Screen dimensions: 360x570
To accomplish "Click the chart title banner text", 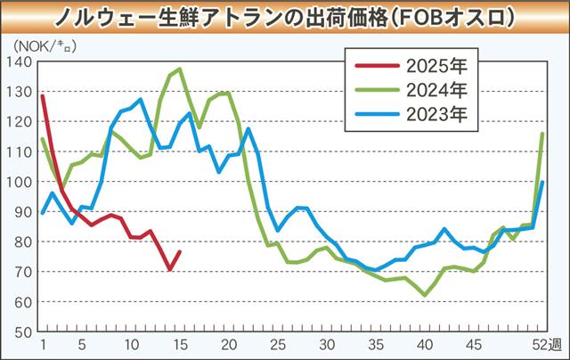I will click(284, 17).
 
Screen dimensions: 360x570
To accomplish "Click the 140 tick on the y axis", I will click(20, 61).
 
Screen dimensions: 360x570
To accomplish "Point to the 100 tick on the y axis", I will click(20, 182).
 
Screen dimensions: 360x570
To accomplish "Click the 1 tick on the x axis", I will click(42, 344).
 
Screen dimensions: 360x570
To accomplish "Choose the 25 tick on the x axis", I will click(278, 344).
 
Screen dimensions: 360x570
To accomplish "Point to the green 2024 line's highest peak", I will click(180, 69).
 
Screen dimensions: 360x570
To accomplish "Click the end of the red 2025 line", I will click(180, 252).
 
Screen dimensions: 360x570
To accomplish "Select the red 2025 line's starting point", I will click(43, 95).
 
